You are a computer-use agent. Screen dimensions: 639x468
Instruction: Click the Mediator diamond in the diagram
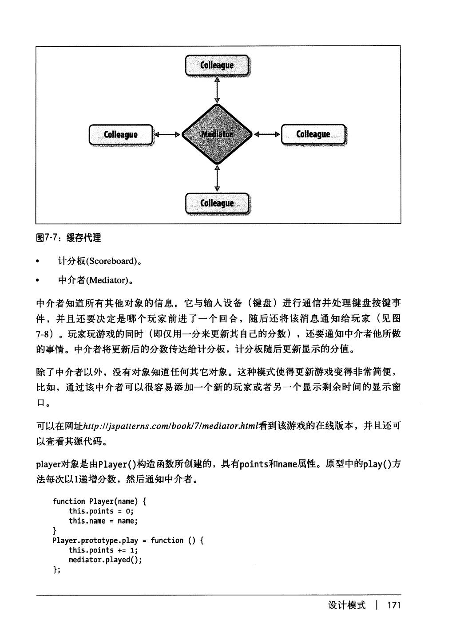pyautogui.click(x=217, y=134)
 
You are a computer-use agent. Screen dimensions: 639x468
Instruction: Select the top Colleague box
pyautogui.click(x=217, y=66)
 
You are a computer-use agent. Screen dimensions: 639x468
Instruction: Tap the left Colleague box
pyautogui.click(x=120, y=135)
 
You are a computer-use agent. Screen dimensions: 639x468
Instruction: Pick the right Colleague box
pyautogui.click(x=313, y=134)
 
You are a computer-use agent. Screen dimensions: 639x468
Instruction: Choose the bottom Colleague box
pyautogui.click(x=217, y=204)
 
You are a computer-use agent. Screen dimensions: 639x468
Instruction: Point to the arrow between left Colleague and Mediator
pyautogui.click(x=167, y=134)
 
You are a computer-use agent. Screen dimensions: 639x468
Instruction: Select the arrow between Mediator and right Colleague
pyautogui.click(x=267, y=134)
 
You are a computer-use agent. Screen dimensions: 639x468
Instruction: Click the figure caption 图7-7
pyautogui.click(x=68, y=238)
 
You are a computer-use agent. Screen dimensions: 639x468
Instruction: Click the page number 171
pyautogui.click(x=394, y=605)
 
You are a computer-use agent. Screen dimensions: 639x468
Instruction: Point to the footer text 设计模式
pyautogui.click(x=347, y=605)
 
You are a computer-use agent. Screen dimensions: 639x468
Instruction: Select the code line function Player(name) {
pyautogui.click(x=99, y=502)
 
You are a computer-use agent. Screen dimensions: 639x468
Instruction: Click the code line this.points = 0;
pyautogui.click(x=101, y=511)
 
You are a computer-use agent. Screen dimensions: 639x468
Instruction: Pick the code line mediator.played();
pyautogui.click(x=105, y=560)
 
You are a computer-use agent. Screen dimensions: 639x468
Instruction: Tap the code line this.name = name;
pyautogui.click(x=103, y=521)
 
